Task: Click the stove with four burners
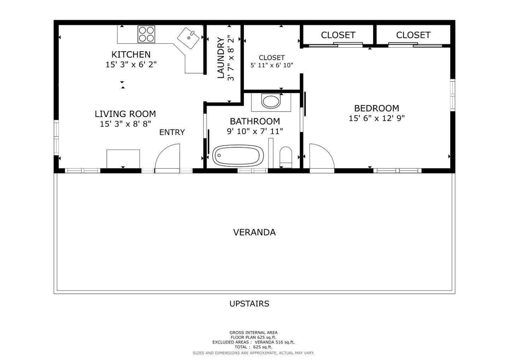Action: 146,34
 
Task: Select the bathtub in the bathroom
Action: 238,156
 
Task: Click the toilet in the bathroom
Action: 286,157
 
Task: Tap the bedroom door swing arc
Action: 321,158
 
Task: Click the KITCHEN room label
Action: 131,54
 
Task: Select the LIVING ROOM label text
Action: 125,114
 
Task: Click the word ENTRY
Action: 172,132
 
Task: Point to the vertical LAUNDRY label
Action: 221,58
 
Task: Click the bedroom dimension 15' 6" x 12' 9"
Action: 376,118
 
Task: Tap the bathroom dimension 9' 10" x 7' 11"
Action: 255,132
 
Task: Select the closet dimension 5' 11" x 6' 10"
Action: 271,65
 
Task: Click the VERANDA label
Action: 254,232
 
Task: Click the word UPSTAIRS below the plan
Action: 249,304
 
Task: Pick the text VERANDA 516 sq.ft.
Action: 274,342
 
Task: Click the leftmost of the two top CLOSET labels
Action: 338,35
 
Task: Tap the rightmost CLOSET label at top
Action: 413,35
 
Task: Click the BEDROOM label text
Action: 376,108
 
